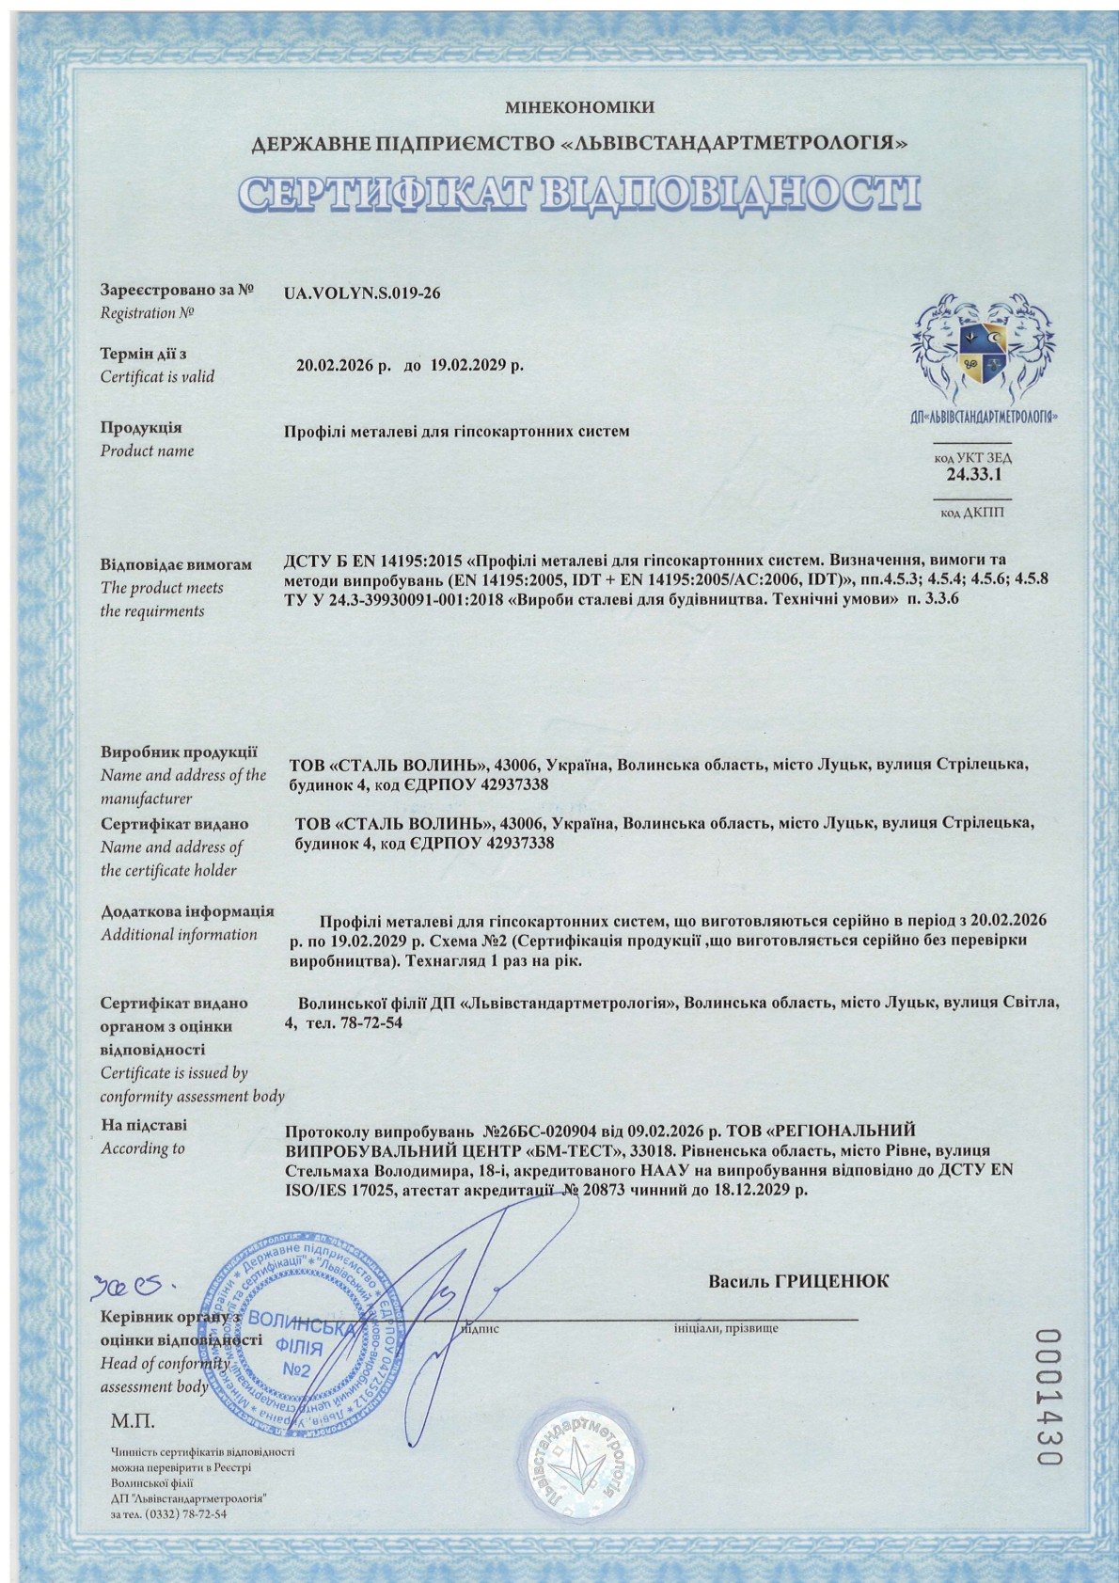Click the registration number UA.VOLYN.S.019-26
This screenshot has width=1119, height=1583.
tap(361, 293)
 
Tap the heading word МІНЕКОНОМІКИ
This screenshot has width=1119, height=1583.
tap(578, 108)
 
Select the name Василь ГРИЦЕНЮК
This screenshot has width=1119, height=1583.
tap(797, 1281)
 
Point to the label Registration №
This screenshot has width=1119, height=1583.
tap(147, 313)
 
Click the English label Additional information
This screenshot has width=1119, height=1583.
tap(179, 934)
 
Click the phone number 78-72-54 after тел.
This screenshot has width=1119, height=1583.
tap(373, 1022)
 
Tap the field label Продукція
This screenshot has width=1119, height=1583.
tap(141, 428)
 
